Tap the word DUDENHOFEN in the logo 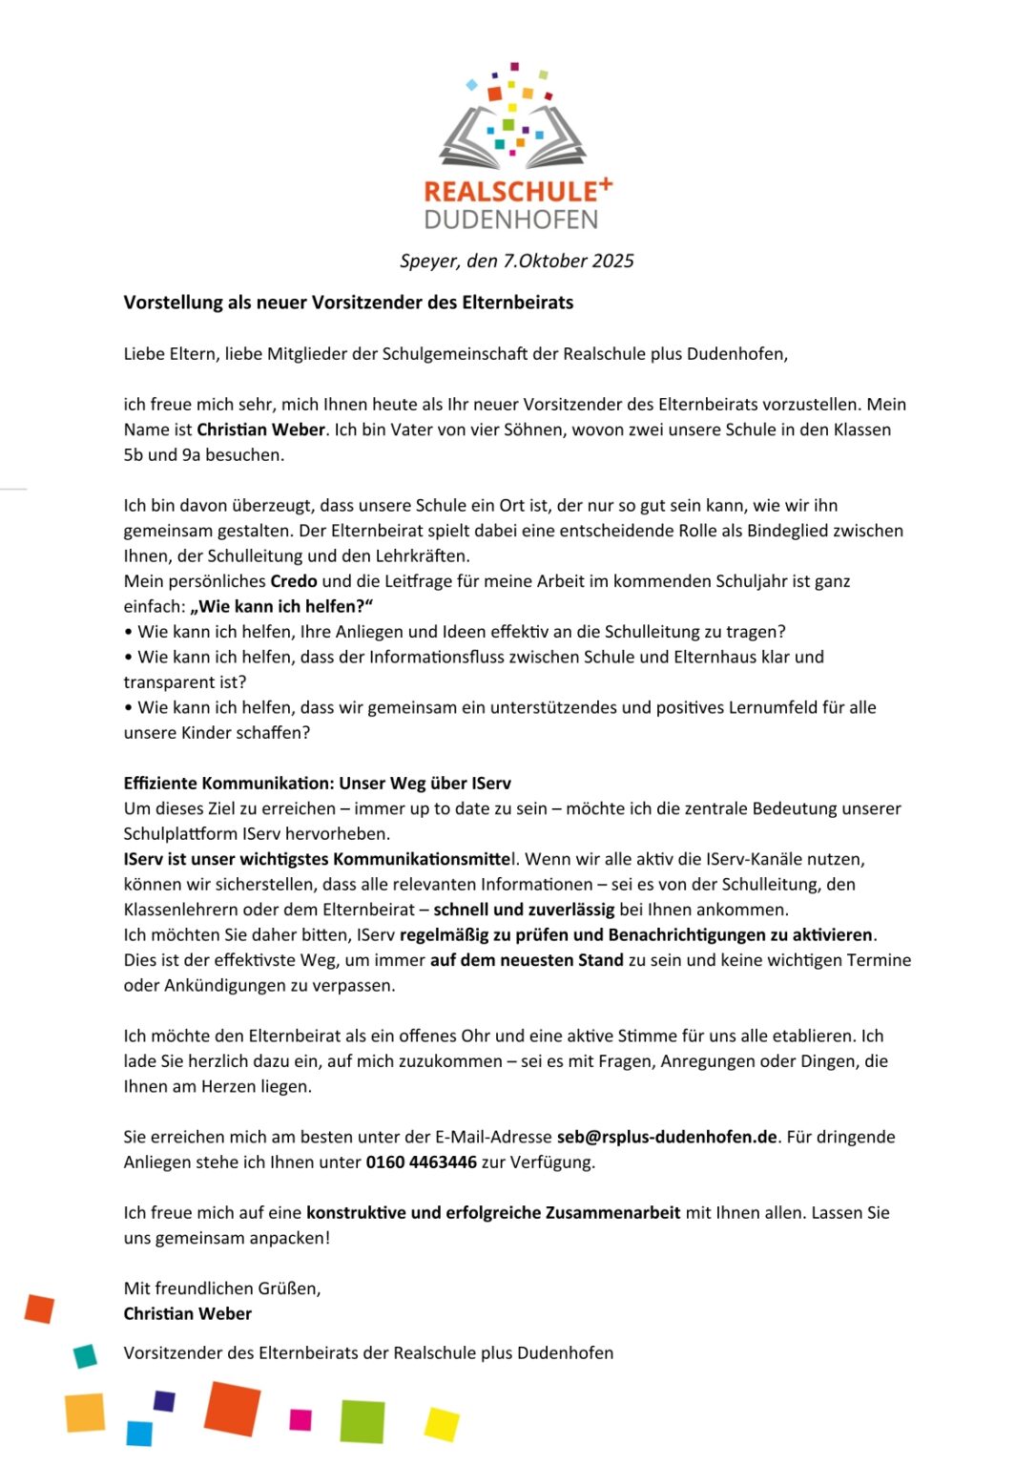[x=511, y=220]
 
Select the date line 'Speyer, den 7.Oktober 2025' [x=516, y=261]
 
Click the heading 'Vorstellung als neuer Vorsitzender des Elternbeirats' [x=348, y=303]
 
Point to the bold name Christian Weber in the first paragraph [x=260, y=429]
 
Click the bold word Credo [x=294, y=581]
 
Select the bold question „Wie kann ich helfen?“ [x=281, y=606]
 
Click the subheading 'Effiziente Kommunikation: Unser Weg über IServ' [x=317, y=784]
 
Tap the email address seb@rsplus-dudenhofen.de [x=667, y=1137]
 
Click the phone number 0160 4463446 [x=421, y=1162]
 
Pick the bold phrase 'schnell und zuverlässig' [x=524, y=910]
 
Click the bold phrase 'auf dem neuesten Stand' [x=527, y=960]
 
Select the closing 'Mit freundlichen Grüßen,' [x=222, y=1288]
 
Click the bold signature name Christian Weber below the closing [x=188, y=1314]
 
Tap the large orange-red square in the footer [x=232, y=1408]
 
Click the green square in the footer [x=363, y=1421]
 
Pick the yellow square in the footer [x=442, y=1424]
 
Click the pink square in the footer [x=300, y=1419]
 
